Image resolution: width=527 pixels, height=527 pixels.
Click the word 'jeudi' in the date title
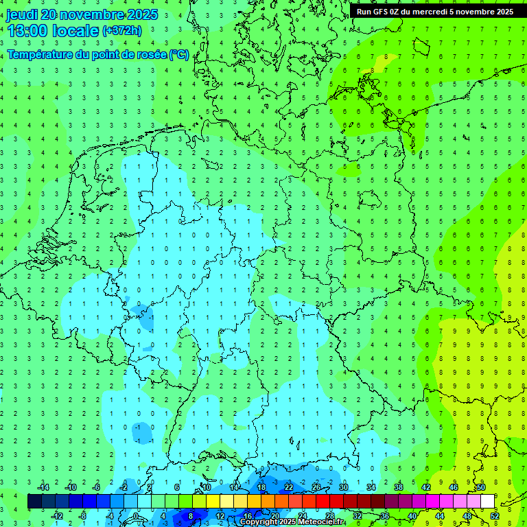[x=22, y=14]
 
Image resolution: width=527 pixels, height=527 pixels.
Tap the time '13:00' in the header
[x=27, y=30]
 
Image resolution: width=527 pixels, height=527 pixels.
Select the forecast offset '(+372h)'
[x=122, y=31]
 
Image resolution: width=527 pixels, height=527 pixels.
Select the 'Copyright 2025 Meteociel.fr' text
[x=292, y=522]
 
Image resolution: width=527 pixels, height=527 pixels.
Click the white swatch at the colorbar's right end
[x=487, y=502]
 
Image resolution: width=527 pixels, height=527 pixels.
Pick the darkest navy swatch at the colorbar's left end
[x=34, y=502]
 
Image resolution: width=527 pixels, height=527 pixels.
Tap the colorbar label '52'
[x=494, y=515]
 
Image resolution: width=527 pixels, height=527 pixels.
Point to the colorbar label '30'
[x=344, y=487]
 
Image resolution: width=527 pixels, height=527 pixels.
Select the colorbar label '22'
[x=289, y=487]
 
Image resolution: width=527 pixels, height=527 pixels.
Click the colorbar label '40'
[x=412, y=515]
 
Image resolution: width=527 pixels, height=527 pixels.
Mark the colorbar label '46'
[x=453, y=487]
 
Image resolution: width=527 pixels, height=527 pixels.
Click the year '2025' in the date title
[x=142, y=14]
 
